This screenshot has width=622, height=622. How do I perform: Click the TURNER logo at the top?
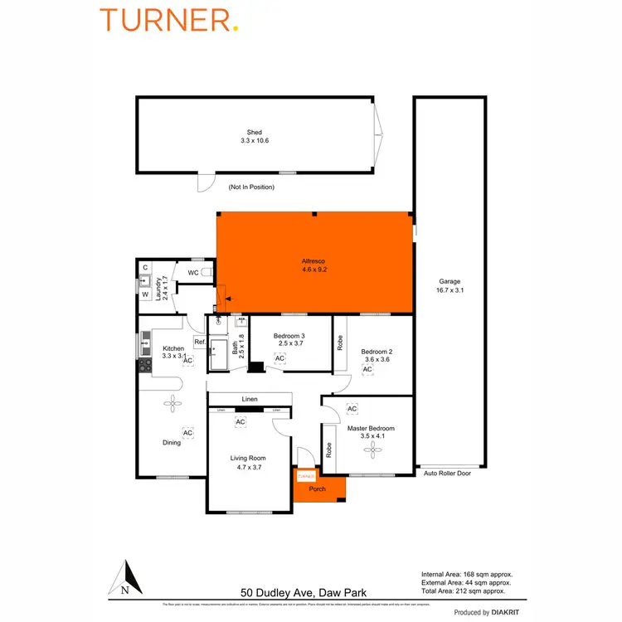(169, 19)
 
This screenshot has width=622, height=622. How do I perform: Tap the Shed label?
(254, 137)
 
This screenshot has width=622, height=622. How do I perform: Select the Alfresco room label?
(313, 265)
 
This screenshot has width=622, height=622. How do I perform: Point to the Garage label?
(449, 285)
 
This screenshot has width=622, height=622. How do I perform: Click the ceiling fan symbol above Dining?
(173, 404)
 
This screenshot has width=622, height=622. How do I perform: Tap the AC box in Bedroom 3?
(279, 358)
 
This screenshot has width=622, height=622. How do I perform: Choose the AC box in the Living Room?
(240, 422)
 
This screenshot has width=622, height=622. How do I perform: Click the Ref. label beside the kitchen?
(199, 342)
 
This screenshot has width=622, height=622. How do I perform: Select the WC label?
(192, 272)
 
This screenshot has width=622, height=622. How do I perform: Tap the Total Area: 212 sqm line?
(464, 591)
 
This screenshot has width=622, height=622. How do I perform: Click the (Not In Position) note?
(251, 187)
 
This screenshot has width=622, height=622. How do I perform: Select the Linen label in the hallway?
(250, 400)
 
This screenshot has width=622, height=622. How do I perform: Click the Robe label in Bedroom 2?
(340, 341)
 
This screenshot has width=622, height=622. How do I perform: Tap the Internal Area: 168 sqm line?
(467, 574)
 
